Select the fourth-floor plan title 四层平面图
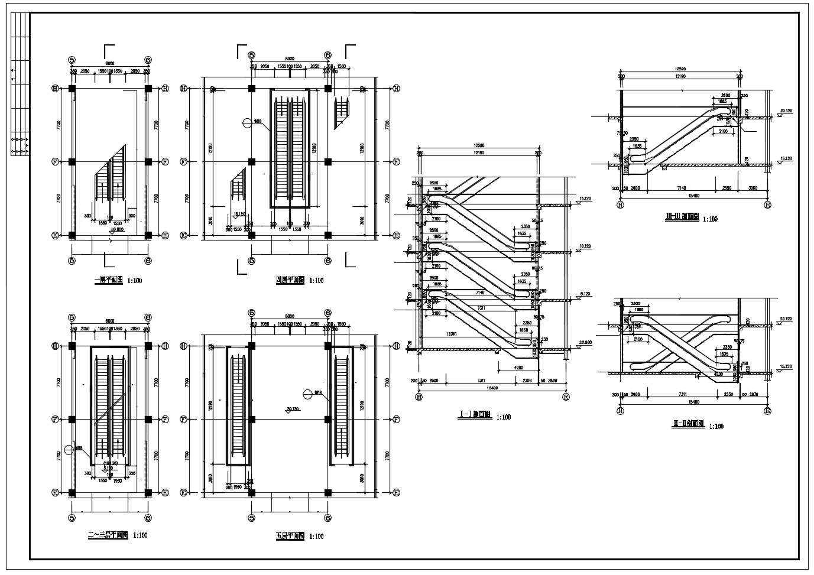pos(290,281)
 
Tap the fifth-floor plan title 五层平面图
pos(290,537)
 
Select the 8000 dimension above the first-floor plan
pos(110,63)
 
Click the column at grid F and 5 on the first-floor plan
pos(72,161)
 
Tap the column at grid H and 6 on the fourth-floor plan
pos(328,89)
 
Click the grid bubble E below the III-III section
pos(767,205)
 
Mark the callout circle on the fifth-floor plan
pos(307,394)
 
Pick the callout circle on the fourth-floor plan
pos(247,123)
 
